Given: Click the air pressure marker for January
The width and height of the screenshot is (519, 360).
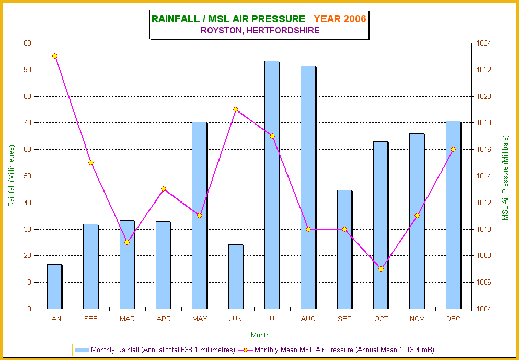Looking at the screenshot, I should [x=55, y=56].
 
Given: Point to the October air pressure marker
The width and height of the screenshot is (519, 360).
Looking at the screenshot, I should [x=381, y=269].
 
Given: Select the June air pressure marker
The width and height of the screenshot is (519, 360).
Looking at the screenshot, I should [x=236, y=109].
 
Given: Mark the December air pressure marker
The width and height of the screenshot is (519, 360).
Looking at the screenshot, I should [x=453, y=149].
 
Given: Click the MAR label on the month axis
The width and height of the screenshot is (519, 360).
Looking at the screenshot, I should [x=127, y=319].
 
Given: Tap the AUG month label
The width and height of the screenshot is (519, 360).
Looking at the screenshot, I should [x=308, y=319].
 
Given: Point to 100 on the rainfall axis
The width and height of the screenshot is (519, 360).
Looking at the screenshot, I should [x=26, y=43].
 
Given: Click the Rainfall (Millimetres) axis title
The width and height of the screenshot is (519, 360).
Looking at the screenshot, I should [x=11, y=176].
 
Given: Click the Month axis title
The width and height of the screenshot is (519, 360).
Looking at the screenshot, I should [x=260, y=335].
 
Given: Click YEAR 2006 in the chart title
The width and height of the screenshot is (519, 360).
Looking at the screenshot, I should [x=340, y=19].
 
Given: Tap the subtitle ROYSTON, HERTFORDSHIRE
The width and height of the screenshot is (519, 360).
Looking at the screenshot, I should [x=260, y=30].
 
